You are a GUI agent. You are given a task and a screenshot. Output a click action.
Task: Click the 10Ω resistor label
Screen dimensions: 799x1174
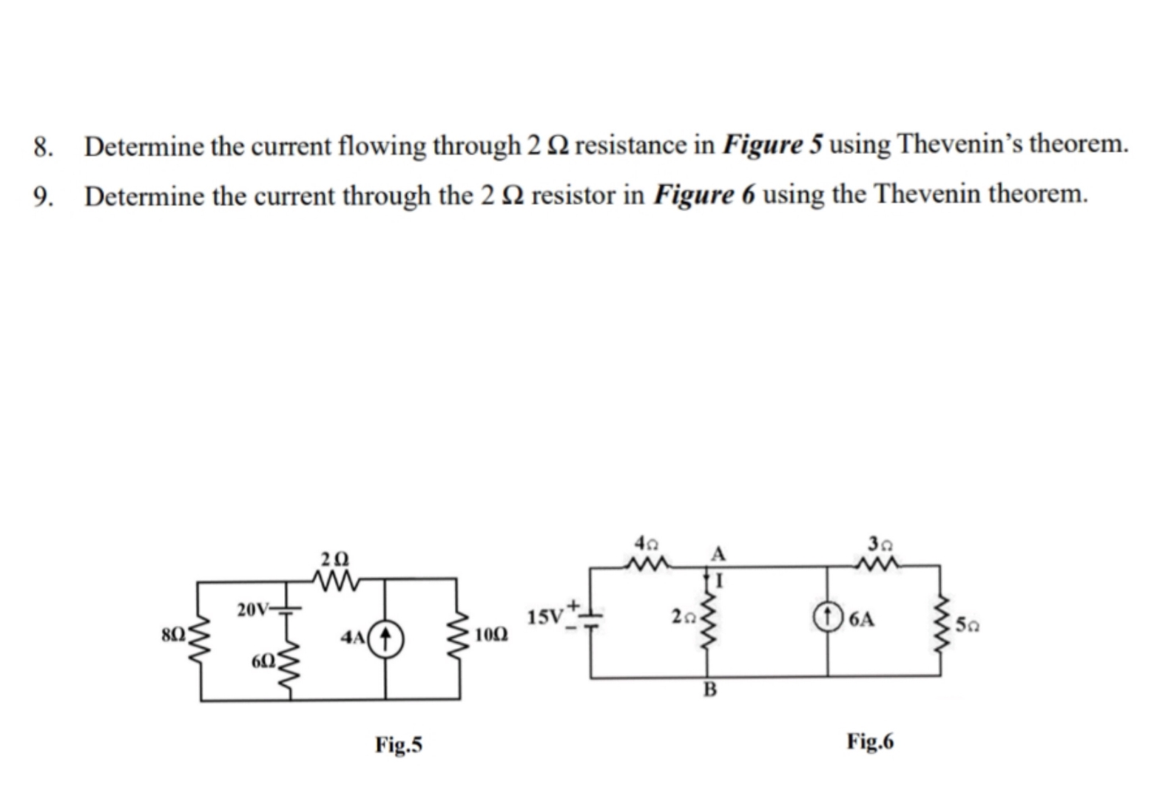click(x=492, y=635)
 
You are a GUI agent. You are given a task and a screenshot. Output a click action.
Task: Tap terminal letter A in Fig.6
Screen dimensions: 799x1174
click(x=718, y=555)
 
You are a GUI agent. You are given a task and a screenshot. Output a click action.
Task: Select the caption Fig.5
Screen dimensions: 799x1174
click(x=399, y=744)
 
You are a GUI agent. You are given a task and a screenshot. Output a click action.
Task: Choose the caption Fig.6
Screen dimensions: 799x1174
click(x=870, y=741)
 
